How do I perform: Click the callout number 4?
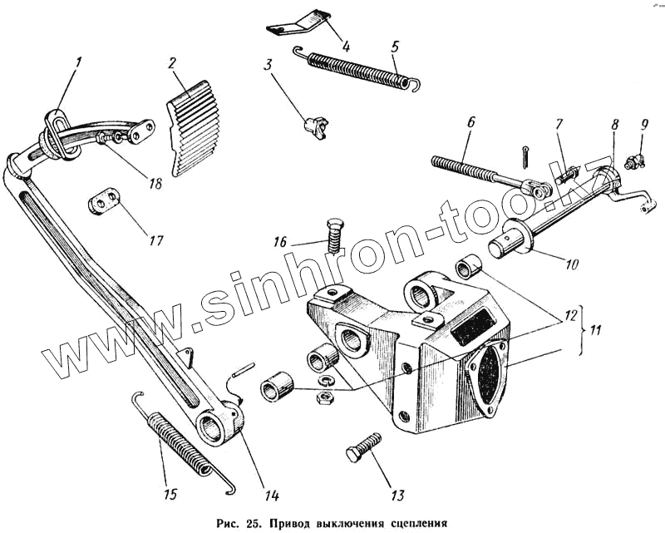click(347, 45)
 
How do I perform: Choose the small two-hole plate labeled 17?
click(104, 202)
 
